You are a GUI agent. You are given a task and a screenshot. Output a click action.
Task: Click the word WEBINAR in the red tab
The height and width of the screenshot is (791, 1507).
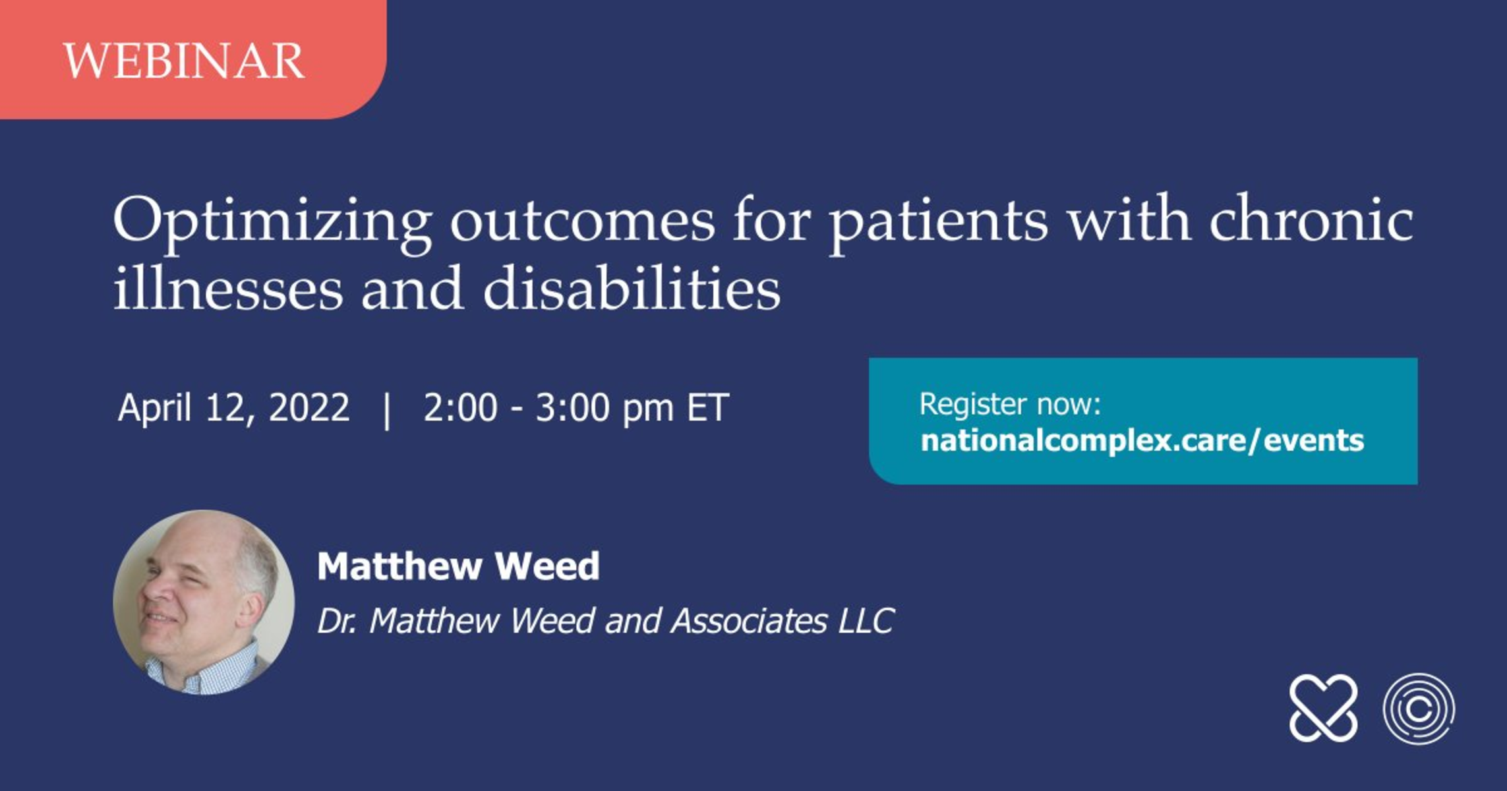(184, 61)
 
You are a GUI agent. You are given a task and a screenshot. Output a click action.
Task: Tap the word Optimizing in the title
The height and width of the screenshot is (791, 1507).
(272, 225)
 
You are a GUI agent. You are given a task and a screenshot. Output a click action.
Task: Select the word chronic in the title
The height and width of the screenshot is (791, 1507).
(1311, 219)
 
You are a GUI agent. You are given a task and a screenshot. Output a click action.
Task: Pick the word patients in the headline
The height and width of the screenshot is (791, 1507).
(938, 225)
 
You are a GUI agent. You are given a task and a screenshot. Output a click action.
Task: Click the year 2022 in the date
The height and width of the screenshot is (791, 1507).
(309, 407)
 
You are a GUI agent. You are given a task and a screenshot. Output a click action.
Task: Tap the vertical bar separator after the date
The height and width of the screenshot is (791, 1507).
(387, 410)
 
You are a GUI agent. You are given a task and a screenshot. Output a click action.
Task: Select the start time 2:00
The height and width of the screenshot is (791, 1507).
(460, 407)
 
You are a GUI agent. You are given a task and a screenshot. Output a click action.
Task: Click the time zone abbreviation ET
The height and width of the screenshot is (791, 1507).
(707, 407)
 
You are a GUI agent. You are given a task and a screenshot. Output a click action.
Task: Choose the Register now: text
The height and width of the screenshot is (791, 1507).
(1010, 403)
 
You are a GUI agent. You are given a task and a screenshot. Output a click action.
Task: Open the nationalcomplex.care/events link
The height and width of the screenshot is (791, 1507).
(1142, 440)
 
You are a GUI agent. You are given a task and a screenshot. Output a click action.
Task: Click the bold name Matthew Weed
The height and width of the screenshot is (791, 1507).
(458, 566)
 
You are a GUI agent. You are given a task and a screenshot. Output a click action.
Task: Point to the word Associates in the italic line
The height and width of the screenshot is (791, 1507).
(748, 621)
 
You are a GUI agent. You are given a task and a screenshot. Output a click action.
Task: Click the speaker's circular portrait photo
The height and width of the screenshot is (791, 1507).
(204, 602)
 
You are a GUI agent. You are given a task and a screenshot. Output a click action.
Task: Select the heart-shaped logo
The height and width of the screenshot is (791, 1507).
(1323, 708)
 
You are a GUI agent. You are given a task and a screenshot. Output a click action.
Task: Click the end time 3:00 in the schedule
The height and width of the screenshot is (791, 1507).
(572, 407)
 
